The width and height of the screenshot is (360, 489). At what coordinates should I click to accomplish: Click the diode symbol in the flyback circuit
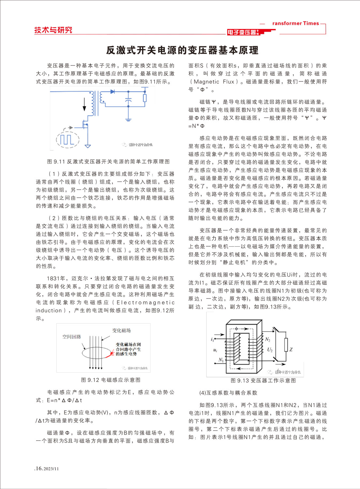point(113,92)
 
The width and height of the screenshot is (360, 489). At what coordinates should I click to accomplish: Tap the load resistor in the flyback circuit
point(145,98)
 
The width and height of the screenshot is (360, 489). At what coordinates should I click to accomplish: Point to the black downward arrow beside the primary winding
point(85,104)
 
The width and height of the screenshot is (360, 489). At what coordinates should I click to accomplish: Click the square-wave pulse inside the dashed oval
point(67,139)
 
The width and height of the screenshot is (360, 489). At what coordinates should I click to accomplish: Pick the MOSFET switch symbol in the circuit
point(85,124)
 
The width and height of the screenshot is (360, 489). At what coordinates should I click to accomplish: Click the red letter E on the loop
point(113,353)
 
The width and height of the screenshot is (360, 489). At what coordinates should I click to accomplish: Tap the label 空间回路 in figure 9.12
point(72,337)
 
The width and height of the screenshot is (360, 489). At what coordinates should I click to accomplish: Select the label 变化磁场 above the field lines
point(122,330)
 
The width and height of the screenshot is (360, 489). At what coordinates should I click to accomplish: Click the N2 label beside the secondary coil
point(268,339)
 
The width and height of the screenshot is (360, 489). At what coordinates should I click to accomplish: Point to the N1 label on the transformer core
point(221,360)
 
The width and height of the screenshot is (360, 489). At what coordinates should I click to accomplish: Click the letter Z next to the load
point(291,350)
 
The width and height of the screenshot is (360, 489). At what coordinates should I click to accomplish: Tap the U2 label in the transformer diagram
point(270,350)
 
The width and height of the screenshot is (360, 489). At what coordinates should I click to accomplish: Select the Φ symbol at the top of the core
point(237,328)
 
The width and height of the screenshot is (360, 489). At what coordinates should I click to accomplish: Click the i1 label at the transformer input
point(212,339)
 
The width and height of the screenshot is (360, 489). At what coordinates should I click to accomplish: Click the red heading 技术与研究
point(53,30)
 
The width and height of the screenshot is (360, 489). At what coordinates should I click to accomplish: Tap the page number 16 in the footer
point(39,468)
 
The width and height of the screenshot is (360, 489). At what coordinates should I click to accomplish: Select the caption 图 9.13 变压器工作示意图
point(263,381)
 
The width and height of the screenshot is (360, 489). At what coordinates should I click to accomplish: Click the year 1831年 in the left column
point(57,279)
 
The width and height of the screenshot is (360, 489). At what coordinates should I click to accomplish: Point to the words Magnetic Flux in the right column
point(214,82)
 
